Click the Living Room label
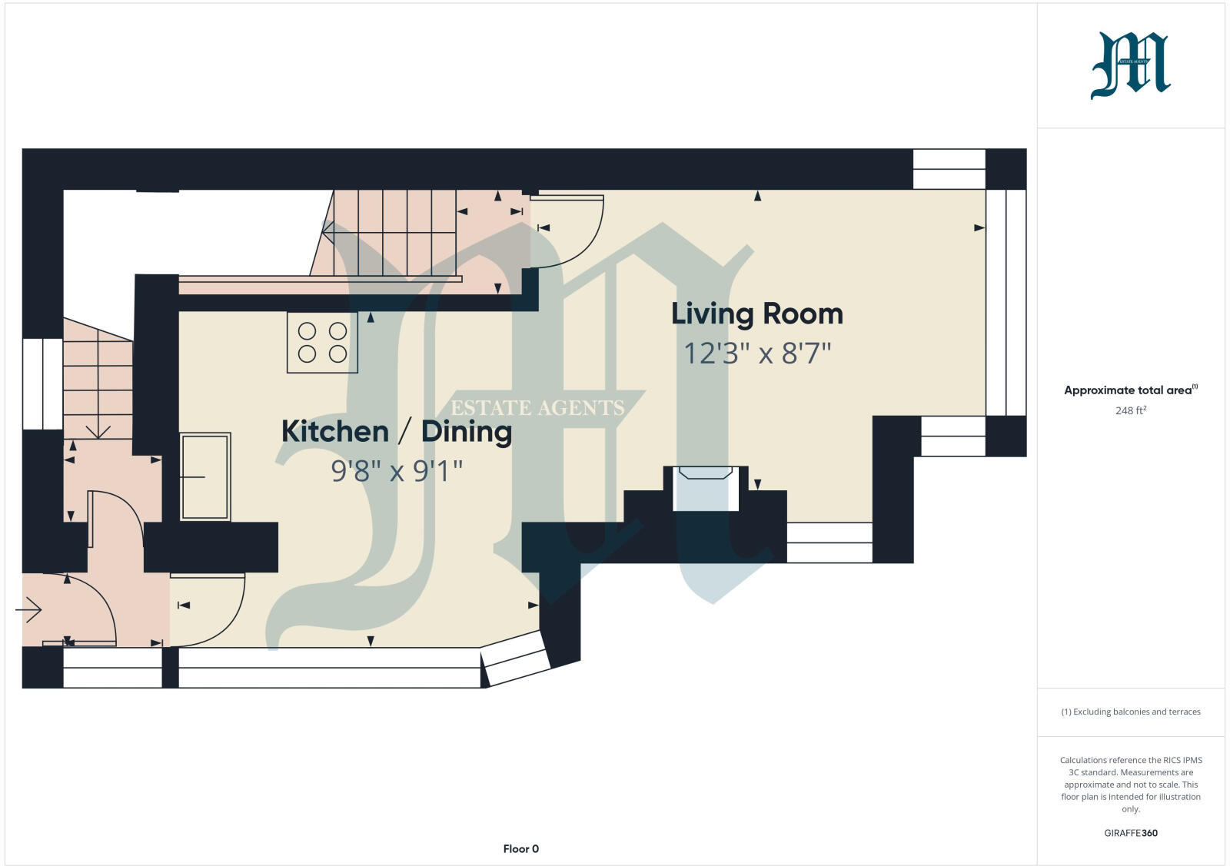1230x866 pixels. (x=757, y=314)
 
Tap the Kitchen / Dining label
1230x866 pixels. (x=397, y=431)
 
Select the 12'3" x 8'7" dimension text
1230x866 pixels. (x=757, y=354)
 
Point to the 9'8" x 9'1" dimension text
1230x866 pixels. (x=397, y=470)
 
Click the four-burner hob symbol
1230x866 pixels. (x=322, y=343)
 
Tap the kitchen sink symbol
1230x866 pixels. (x=205, y=476)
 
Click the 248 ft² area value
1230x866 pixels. (x=1131, y=410)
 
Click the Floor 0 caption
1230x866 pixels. (x=520, y=849)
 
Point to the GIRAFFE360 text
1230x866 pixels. (x=1130, y=833)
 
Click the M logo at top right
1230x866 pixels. (x=1130, y=65)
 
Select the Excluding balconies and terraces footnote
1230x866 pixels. (x=1131, y=712)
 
